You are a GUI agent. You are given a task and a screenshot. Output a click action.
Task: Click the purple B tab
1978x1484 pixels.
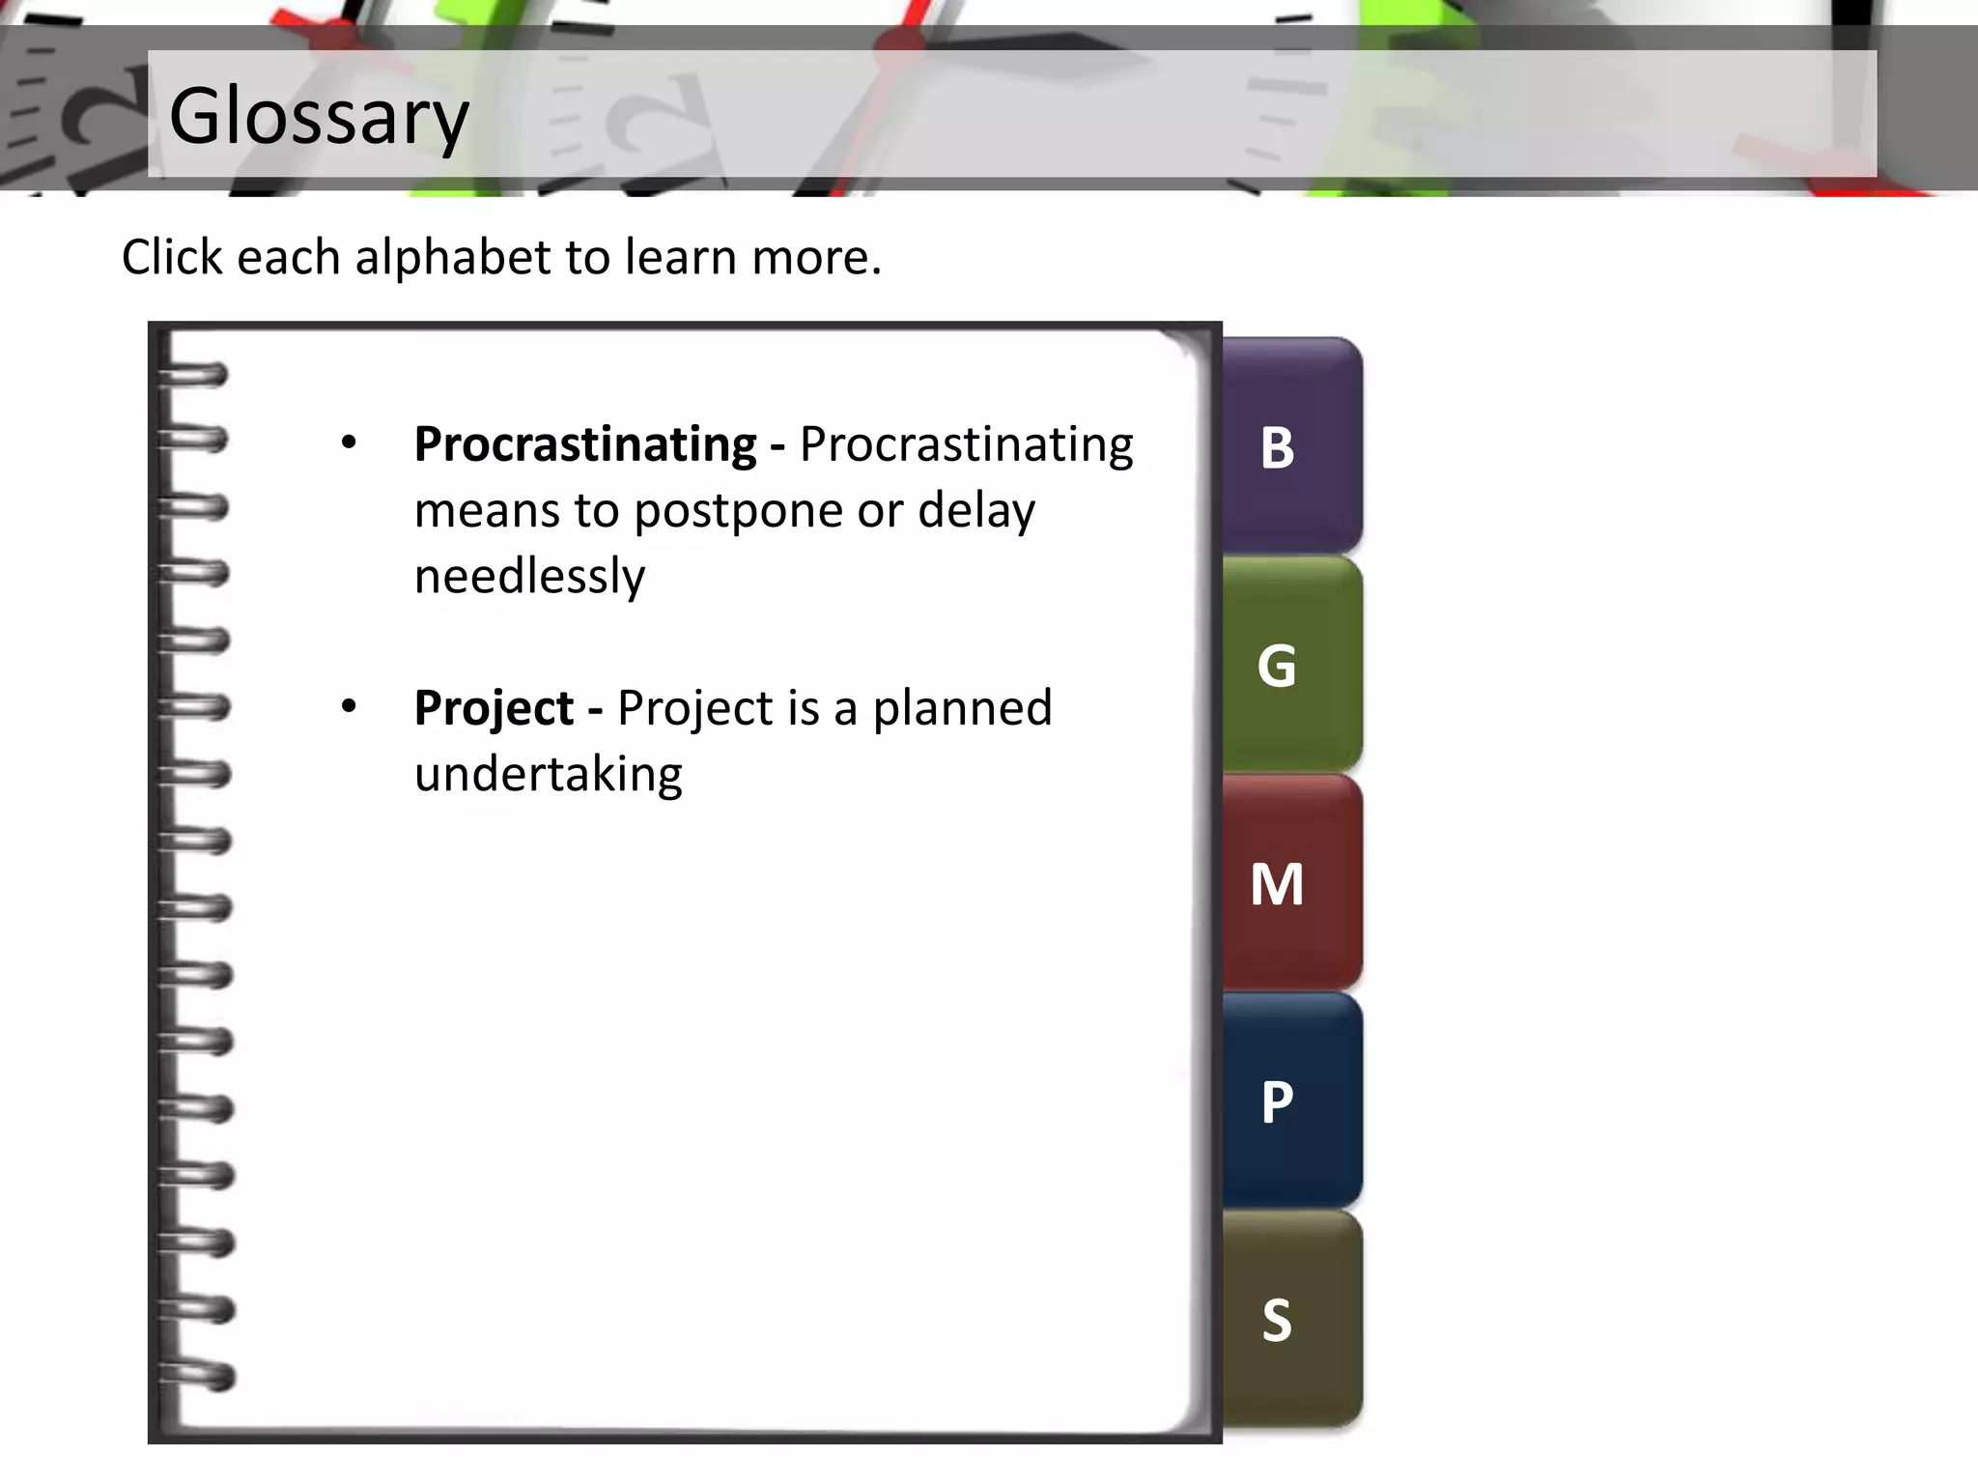tap(1292, 446)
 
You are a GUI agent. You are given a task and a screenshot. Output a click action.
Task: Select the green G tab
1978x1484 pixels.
tap(1292, 665)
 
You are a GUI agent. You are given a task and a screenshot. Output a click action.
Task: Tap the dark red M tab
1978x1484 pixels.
tap(1292, 883)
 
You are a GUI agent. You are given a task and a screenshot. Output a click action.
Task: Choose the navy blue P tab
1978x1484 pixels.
tap(1292, 1101)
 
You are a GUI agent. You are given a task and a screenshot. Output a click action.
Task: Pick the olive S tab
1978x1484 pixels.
tap(1292, 1320)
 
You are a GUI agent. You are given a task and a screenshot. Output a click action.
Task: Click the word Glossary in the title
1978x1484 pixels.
tap(319, 116)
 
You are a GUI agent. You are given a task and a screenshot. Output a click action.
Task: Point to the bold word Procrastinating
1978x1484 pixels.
tap(584, 444)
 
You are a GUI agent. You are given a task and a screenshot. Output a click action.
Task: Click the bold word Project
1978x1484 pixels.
tap(494, 708)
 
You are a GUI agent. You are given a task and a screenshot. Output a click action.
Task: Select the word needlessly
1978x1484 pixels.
tap(529, 577)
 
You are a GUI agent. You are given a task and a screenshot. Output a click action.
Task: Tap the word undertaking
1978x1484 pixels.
tap(548, 775)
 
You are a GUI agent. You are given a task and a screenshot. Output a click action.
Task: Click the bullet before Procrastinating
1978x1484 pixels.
tap(349, 444)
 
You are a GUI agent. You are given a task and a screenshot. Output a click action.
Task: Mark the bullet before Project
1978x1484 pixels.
tap(349, 707)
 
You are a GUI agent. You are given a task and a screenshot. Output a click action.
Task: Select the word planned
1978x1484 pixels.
tap(962, 708)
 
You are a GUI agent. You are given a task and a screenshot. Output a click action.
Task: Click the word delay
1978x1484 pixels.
tap(975, 511)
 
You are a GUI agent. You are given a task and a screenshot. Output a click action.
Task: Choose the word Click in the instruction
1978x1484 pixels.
tap(173, 257)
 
